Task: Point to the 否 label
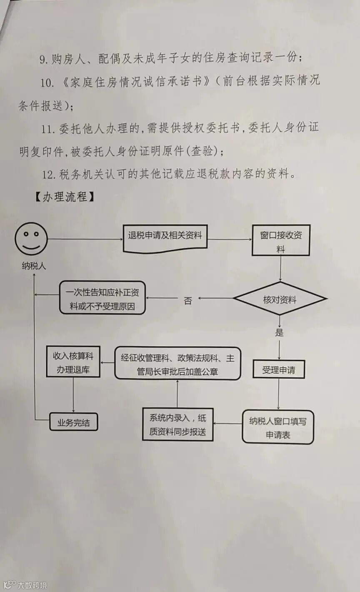coord(188,301)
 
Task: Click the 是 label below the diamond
coord(280,332)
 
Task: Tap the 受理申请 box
coord(279,369)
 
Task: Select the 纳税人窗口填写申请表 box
coord(278,428)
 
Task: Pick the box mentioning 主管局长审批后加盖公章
coord(178,364)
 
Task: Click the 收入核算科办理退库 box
coord(73,362)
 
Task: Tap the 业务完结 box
coord(74,423)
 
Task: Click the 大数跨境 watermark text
coord(32,585)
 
